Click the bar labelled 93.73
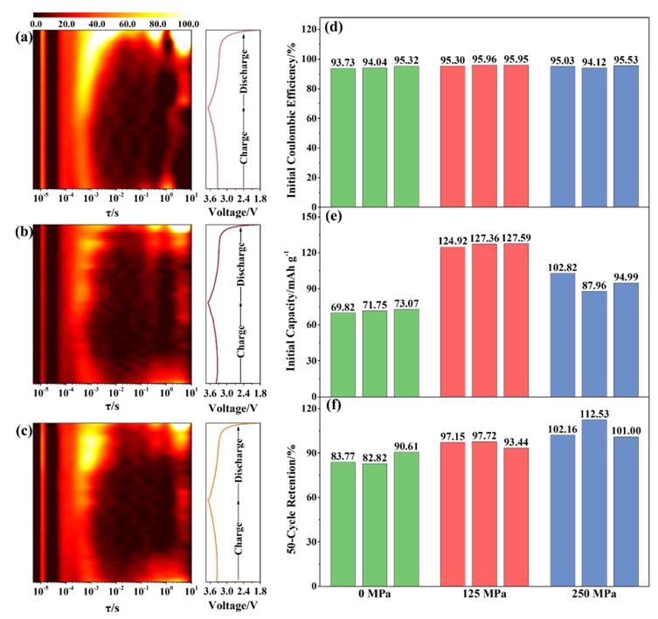click(343, 137)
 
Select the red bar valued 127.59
click(516, 320)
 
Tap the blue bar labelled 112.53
click(594, 503)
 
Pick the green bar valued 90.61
click(406, 519)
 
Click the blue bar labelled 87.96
click(594, 344)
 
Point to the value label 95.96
click(484, 59)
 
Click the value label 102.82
click(563, 268)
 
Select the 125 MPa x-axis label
click(484, 595)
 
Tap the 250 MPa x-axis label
click(594, 595)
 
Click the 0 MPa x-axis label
click(374, 595)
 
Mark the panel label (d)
click(334, 28)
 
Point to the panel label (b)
click(23, 232)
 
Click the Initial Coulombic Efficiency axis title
click(291, 120)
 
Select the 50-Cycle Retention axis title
click(292, 498)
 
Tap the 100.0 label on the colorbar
click(189, 24)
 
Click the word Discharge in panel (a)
click(243, 72)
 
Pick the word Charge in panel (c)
click(239, 539)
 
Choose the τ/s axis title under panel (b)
click(112, 407)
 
